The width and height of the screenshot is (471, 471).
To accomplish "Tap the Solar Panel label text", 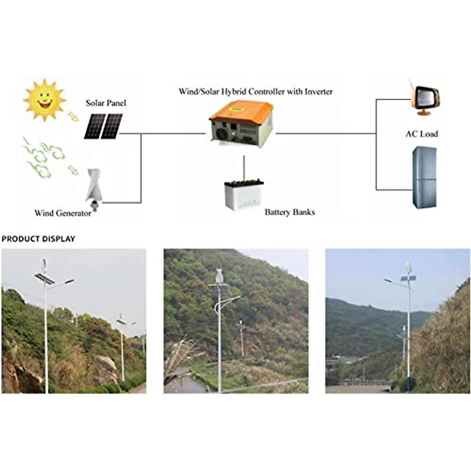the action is (x=106, y=103).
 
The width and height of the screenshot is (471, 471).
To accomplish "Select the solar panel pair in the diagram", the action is (x=103, y=126).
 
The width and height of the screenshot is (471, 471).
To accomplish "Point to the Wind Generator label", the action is (x=63, y=213).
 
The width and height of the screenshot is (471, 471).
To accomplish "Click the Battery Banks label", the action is (x=290, y=212).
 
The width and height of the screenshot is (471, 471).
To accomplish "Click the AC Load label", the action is (x=422, y=134).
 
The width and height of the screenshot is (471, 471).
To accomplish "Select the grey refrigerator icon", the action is (x=424, y=177).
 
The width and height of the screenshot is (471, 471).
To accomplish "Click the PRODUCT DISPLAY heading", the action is (x=38, y=239).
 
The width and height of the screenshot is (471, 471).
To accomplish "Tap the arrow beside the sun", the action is (x=73, y=116).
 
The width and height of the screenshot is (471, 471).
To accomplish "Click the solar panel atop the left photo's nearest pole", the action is (x=44, y=278).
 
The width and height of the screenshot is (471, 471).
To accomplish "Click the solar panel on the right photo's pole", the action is (x=408, y=278).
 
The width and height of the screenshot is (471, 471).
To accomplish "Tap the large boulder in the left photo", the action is (x=105, y=363).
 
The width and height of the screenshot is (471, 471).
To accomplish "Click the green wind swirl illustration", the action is (x=43, y=157).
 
